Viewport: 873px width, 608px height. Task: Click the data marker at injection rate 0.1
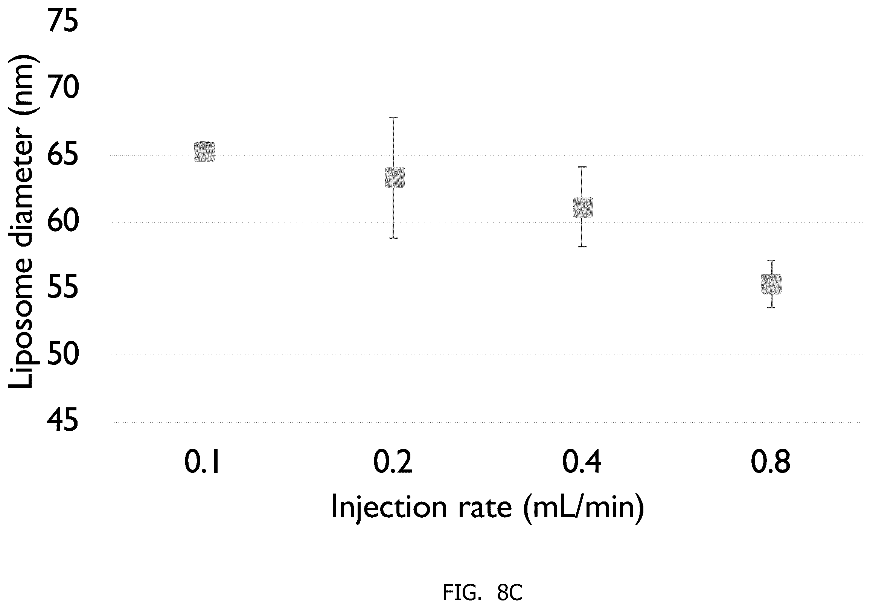coord(204,152)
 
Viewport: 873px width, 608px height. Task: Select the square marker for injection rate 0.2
coord(395,177)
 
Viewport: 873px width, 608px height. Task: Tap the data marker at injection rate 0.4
coord(583,207)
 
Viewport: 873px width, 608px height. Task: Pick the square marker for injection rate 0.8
coord(771,284)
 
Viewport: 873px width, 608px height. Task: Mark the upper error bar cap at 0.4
coord(582,167)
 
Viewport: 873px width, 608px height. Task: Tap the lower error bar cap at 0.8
coord(771,308)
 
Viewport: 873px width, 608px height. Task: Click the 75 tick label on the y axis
coord(63,21)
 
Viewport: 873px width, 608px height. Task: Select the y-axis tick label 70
coord(63,87)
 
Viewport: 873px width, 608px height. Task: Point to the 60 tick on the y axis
coord(63,221)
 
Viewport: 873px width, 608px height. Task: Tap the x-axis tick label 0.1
coord(202,462)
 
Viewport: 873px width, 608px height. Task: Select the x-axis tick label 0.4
coord(582,462)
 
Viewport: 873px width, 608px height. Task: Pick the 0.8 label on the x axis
coord(771,462)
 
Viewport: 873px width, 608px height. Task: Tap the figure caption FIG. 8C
coord(483,592)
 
